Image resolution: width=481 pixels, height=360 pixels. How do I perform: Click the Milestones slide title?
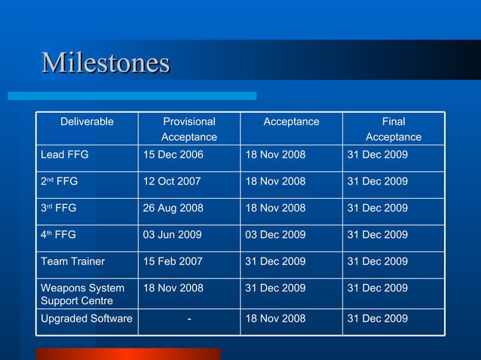(106, 63)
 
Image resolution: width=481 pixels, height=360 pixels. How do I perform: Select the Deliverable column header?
(87, 121)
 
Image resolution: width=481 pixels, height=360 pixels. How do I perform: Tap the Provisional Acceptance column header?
(189, 129)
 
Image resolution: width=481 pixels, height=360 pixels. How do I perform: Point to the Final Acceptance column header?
(394, 129)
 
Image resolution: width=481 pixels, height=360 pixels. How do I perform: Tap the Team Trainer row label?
(72, 261)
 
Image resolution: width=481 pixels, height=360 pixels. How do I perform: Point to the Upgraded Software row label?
(86, 319)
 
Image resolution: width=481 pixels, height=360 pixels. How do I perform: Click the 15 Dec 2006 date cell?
(173, 154)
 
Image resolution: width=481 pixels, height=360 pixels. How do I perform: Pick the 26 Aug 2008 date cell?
(173, 208)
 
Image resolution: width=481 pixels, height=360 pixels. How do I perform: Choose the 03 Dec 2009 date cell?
(275, 235)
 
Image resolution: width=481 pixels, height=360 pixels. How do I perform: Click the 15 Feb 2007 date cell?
(173, 261)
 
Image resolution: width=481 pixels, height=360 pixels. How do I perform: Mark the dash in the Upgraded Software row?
(188, 319)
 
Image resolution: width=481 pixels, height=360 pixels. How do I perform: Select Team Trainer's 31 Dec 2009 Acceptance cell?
(275, 261)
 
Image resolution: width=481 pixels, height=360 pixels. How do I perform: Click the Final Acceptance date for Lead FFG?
(378, 154)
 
